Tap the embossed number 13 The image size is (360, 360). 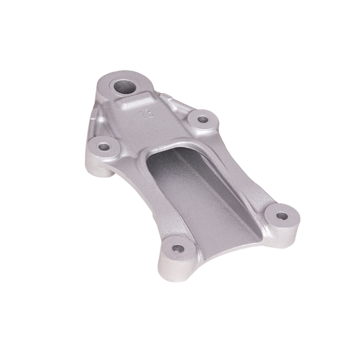click(148, 114)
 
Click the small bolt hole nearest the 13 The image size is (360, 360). click(202, 119)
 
